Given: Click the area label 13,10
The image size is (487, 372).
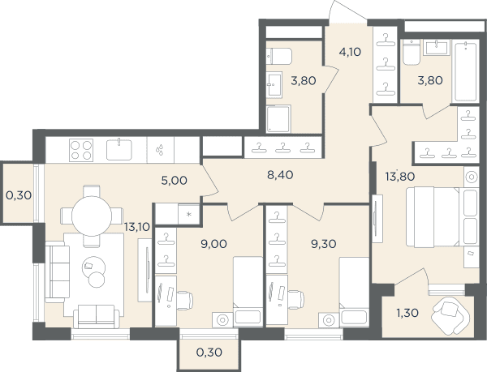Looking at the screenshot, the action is coord(137,227).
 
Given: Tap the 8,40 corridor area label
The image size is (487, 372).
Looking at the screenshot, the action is coord(280,175).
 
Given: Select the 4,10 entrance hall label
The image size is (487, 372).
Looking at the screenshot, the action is coord(350,52).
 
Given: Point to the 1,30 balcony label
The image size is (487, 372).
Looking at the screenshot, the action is coord(407,313).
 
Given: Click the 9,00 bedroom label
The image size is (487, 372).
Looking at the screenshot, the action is coord(213,244).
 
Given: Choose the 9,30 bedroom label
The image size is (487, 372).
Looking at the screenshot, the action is coord(324,244).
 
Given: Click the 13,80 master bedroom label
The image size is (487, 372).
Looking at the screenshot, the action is coord(400,177).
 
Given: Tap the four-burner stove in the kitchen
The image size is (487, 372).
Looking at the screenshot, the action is coord(81,150).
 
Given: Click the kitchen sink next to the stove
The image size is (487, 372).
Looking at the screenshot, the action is coord(119,150).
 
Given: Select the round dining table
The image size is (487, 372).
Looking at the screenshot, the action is coord(92,216).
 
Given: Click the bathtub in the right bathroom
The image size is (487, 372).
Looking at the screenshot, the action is coord(465,72).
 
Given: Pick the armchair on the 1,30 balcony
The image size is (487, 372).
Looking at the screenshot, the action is coord(450,316).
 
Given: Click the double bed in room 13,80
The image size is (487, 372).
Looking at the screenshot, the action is coord(433,217).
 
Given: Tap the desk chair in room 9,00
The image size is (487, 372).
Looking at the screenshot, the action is coord(185,300).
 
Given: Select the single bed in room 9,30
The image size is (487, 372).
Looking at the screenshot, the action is coord(354,292).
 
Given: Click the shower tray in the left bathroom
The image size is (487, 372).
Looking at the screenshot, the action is coord(278,118).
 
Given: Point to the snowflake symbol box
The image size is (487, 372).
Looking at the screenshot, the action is coord(189,214).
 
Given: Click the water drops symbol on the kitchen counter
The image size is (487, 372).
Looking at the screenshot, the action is coord(160,149).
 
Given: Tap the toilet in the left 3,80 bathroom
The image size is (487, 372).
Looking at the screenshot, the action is coord(279,56).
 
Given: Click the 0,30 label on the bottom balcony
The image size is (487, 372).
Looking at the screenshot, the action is coord(209,353).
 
